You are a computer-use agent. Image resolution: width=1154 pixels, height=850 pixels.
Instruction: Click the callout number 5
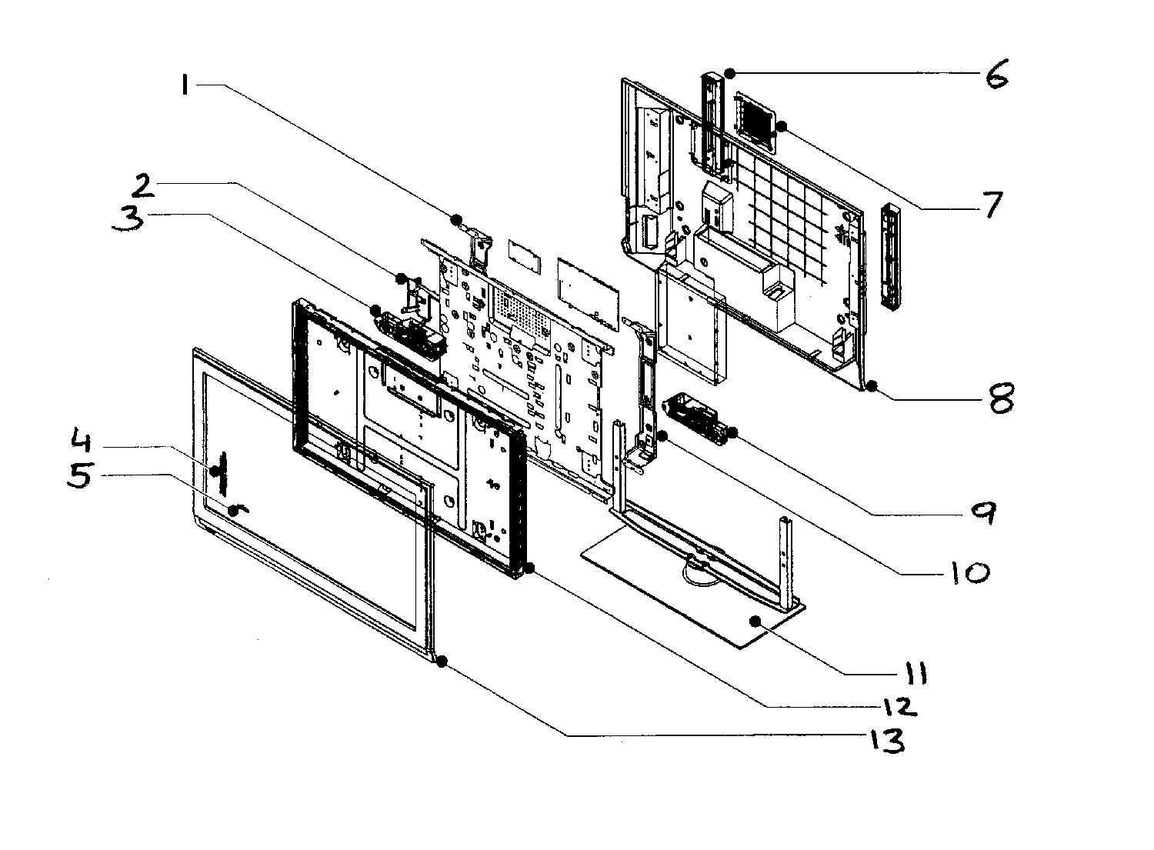80,475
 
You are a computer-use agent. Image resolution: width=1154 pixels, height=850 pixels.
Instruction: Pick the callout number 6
996,76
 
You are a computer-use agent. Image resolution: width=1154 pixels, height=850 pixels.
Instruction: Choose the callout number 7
986,205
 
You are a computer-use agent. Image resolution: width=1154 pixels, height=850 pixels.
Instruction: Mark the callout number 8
1000,398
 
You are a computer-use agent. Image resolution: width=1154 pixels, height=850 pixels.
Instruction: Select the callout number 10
967,572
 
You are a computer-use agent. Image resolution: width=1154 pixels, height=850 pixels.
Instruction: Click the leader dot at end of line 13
441,661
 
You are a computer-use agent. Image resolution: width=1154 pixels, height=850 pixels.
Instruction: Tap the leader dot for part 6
729,73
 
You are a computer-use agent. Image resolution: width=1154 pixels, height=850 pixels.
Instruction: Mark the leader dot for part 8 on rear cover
871,385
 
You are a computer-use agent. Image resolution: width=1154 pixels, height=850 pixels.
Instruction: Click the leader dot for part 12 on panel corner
529,568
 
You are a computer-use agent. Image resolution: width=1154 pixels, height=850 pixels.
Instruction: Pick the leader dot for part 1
457,218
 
